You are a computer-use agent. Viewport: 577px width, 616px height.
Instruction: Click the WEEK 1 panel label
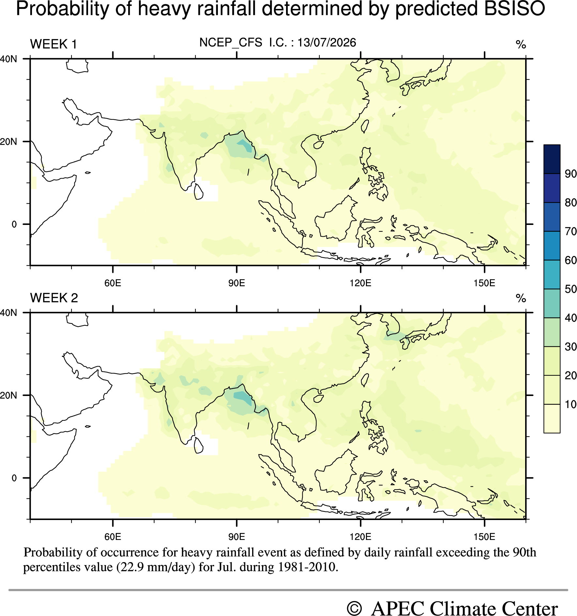[x=53, y=44]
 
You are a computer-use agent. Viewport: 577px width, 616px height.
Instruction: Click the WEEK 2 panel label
[x=54, y=298]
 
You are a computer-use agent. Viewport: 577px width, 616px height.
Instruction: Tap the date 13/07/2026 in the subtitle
[x=326, y=42]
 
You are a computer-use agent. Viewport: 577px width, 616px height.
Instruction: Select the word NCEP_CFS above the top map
[x=231, y=43]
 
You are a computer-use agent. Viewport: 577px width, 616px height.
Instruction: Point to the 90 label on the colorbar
[x=571, y=174]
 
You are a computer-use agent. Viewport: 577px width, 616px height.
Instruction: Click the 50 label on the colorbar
[x=571, y=289]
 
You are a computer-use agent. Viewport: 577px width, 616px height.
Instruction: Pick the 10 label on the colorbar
[x=571, y=404]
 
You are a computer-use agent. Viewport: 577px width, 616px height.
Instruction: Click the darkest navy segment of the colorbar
[x=552, y=159]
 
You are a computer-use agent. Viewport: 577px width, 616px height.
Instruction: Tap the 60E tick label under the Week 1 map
[x=113, y=283]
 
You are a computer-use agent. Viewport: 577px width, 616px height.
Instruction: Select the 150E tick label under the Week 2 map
[x=484, y=537]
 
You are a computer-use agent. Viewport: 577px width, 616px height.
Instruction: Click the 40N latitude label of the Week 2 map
[x=8, y=313]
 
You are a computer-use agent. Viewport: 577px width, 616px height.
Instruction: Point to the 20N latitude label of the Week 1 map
[x=8, y=142]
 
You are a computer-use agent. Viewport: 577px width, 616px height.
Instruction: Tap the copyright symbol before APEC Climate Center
[x=354, y=609]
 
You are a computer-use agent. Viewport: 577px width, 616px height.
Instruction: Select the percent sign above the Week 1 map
[x=521, y=44]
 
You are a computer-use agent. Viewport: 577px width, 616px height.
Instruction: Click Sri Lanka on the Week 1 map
[x=198, y=192]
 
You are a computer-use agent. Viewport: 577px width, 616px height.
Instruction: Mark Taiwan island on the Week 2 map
[x=365, y=380]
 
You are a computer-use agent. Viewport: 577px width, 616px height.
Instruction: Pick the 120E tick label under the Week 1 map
[x=360, y=283]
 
